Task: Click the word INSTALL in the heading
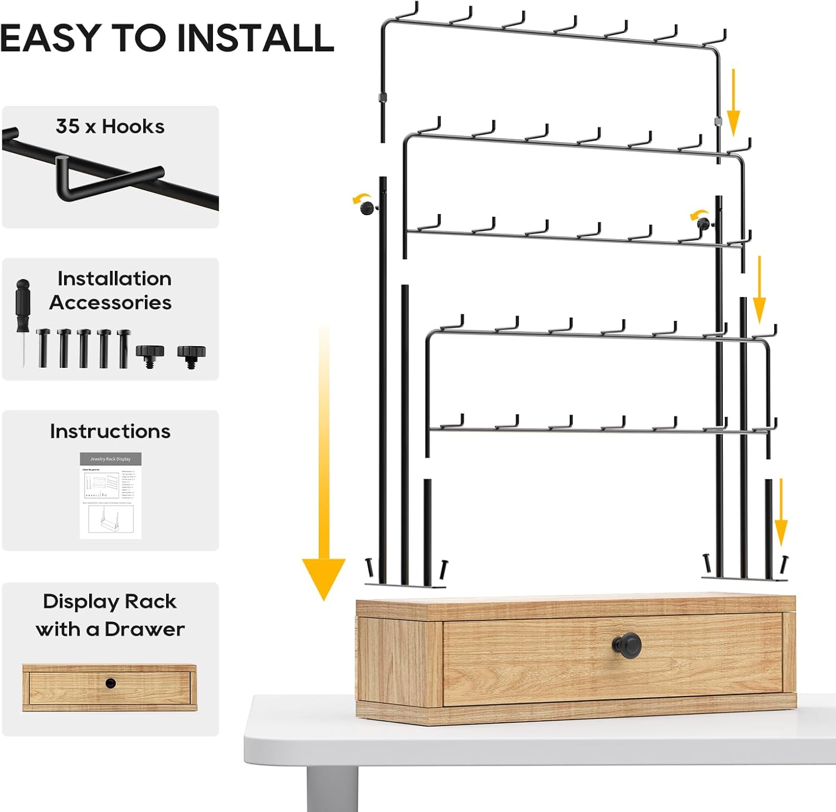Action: tap(255, 38)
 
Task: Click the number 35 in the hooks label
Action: tap(67, 127)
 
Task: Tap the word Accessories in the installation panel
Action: tap(110, 303)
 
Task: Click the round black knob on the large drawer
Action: tap(628, 645)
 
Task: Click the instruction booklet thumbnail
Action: tap(110, 495)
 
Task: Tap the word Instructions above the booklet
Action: tap(110, 431)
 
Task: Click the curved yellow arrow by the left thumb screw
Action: tap(361, 198)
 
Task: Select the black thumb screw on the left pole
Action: tap(368, 208)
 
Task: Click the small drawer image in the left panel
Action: tap(110, 687)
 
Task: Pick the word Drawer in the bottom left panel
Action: tap(144, 629)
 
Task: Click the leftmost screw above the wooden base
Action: tap(368, 568)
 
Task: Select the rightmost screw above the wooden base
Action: tap(785, 564)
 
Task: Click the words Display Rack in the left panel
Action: tap(110, 602)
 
